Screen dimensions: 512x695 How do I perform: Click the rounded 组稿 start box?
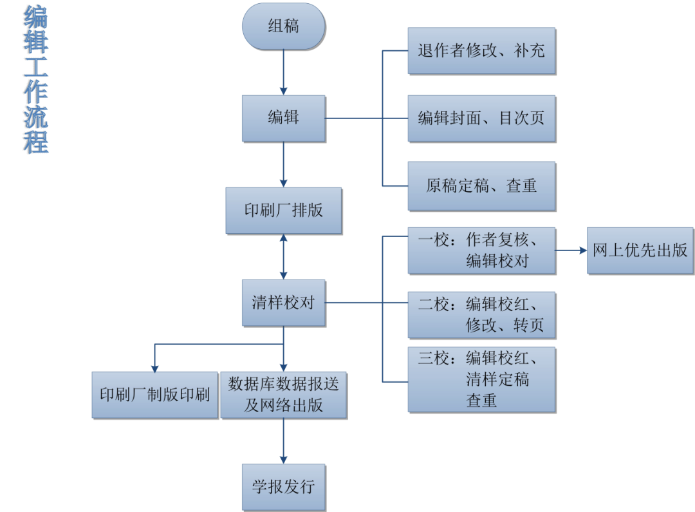pyautogui.click(x=283, y=26)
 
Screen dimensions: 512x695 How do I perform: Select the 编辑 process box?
pyautogui.click(x=283, y=118)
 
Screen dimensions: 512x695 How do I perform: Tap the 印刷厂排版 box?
pyautogui.click(x=283, y=211)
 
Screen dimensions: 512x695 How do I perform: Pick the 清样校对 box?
pyautogui.click(x=283, y=302)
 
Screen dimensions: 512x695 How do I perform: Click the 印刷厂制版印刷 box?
pyautogui.click(x=154, y=395)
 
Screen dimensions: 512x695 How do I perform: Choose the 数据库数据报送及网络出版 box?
pyautogui.click(x=283, y=395)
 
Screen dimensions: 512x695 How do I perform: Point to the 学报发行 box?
pyautogui.click(x=283, y=486)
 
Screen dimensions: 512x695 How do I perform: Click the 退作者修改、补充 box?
pyautogui.click(x=481, y=51)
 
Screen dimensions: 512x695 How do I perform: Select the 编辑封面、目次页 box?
pyautogui.click(x=481, y=119)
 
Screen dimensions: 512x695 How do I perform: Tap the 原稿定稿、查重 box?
pyautogui.click(x=481, y=186)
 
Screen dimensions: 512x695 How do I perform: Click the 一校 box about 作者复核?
pyautogui.click(x=481, y=251)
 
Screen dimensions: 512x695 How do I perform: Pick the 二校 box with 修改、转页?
pyautogui.click(x=481, y=315)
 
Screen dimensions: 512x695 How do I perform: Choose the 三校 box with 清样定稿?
pyautogui.click(x=481, y=379)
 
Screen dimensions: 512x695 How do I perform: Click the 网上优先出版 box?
pyautogui.click(x=640, y=251)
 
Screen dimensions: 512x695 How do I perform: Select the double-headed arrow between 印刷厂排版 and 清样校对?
pyautogui.click(x=283, y=256)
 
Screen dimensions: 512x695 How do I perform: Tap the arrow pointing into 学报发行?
pyautogui.click(x=283, y=441)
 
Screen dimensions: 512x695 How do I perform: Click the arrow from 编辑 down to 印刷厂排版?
pyautogui.click(x=283, y=164)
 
